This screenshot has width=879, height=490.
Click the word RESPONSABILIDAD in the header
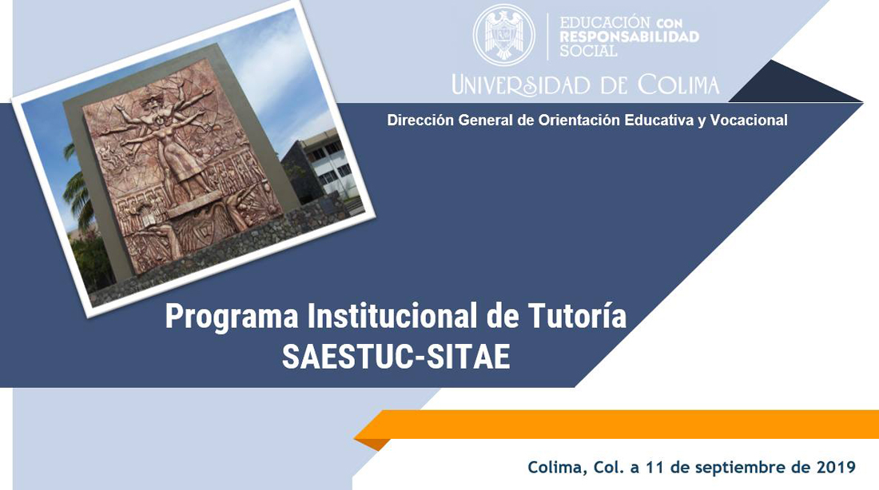(x=629, y=37)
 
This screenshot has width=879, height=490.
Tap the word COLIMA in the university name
(x=678, y=85)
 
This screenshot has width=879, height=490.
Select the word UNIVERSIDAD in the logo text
(x=521, y=85)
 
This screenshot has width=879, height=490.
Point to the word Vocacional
(x=749, y=120)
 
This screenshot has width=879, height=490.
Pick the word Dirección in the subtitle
(x=420, y=120)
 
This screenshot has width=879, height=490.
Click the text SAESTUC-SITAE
(x=396, y=356)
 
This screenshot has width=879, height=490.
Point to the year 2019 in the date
(x=837, y=467)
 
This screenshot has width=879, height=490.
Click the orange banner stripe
(x=617, y=425)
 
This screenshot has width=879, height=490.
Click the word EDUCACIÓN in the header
(x=605, y=23)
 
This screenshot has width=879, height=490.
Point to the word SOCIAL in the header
(x=588, y=51)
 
